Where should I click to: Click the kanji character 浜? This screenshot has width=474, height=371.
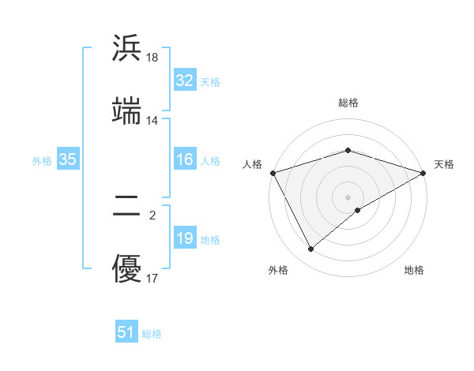point(126,48)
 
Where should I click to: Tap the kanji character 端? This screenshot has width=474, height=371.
point(126,111)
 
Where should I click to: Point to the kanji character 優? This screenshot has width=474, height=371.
point(126,268)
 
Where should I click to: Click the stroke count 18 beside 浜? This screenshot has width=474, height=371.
point(152,58)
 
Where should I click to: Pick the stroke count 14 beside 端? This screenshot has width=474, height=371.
point(152,121)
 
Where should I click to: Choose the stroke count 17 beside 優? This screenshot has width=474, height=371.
point(152,278)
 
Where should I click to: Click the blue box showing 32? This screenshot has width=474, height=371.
point(184,81)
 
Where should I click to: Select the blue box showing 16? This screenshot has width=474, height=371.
point(184,159)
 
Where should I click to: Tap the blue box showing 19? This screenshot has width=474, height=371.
point(184,238)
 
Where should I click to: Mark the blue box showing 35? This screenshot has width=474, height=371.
point(67,159)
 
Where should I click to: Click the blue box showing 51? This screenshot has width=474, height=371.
point(126,332)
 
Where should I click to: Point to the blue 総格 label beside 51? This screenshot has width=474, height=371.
point(152,334)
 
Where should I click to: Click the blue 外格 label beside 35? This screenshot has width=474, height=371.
point(42,160)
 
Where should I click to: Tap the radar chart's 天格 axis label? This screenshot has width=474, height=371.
point(444,164)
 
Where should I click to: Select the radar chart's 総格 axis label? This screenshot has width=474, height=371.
point(348,103)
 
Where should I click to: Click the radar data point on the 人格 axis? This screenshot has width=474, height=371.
point(273,172)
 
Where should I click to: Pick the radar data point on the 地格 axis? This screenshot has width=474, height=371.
point(359,210)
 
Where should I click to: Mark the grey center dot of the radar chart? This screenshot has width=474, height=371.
point(348,197)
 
